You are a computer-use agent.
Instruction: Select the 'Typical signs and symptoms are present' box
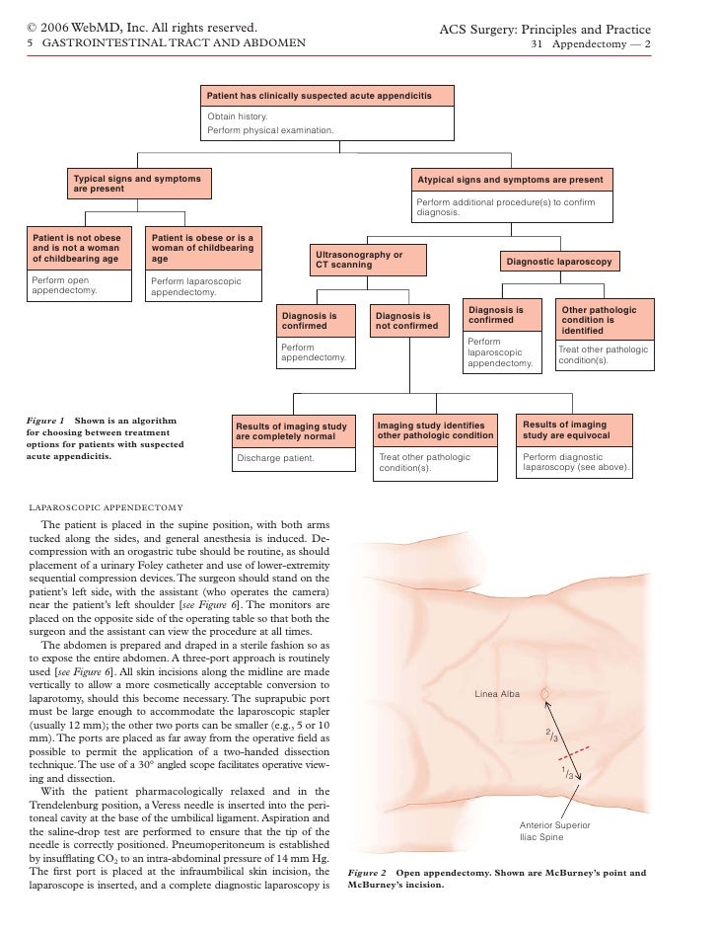[x=137, y=184]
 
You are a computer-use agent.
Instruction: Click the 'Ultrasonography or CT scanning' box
[x=367, y=260]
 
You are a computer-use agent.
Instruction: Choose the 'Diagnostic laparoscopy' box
[x=559, y=262]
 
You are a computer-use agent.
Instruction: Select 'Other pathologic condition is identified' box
[x=603, y=320]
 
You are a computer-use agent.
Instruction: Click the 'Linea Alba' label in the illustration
[x=497, y=695]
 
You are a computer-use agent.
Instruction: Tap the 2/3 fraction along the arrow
[x=554, y=735]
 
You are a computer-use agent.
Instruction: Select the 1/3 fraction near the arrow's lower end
[x=567, y=773]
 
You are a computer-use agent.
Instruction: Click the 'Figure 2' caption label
[x=369, y=873]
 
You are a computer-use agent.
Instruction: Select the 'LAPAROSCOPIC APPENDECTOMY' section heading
[x=106, y=507]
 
